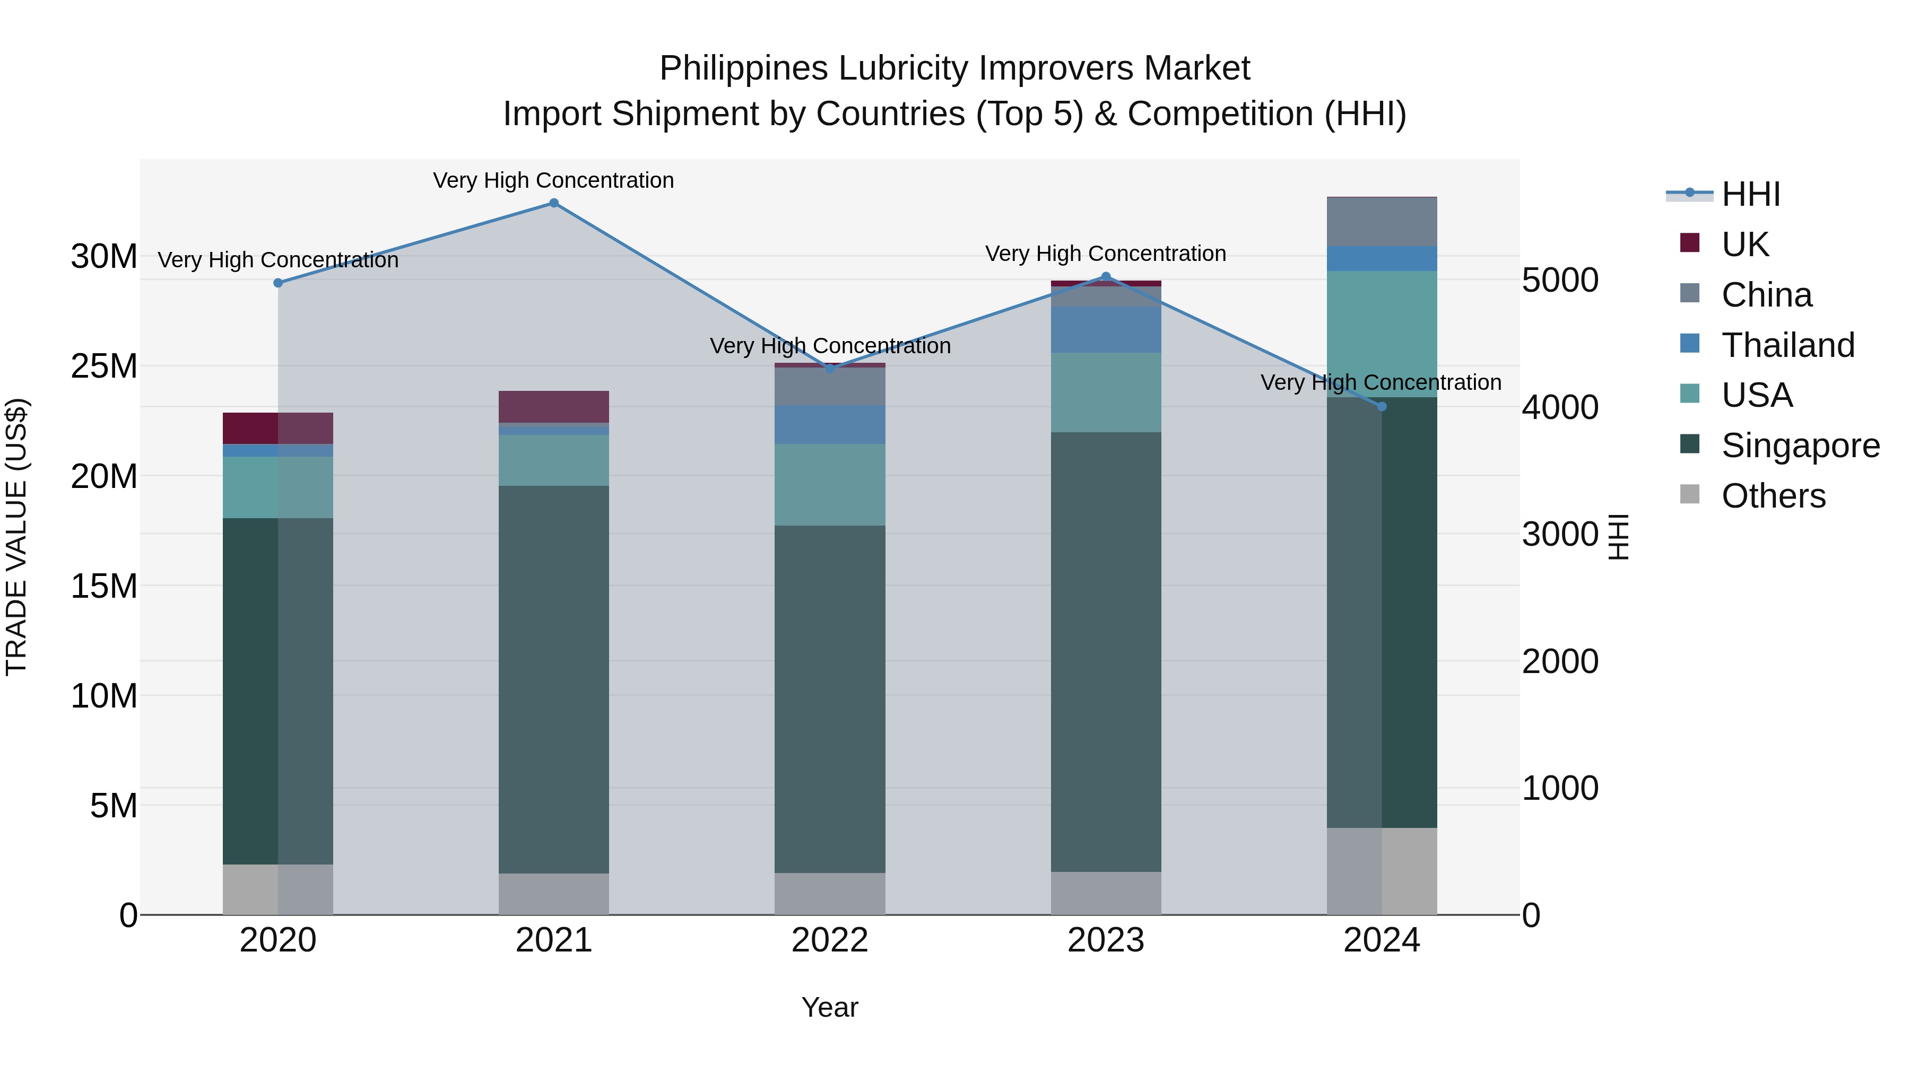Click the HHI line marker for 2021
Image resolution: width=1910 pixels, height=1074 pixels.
coord(553,203)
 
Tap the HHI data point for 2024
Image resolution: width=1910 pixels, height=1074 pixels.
coord(1382,406)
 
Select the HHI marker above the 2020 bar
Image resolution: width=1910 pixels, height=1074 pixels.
coord(278,283)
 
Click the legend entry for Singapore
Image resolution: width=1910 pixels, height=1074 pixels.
coord(1800,446)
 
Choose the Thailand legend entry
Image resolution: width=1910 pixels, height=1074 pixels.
coord(1787,345)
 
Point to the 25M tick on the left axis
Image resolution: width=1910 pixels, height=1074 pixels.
coord(104,366)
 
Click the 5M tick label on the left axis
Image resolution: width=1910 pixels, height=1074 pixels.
coord(114,806)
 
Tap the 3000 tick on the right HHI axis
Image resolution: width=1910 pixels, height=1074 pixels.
coord(1559,535)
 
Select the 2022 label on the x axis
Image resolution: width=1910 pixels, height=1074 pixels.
coord(830,940)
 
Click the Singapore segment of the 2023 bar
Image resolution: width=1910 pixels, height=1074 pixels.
coord(1106,652)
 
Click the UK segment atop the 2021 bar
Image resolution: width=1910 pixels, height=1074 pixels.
coord(553,406)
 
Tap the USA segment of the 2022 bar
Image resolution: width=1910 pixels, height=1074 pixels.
coord(830,485)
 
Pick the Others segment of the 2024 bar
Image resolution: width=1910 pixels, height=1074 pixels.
coord(1382,871)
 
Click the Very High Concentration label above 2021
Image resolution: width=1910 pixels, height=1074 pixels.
coord(553,180)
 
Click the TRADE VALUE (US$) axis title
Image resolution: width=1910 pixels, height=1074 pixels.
coord(16,537)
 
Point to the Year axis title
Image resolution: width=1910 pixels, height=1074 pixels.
coord(830,1007)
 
